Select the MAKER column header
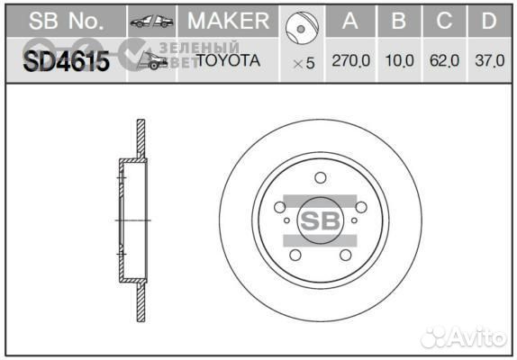pyautogui.click(x=227, y=21)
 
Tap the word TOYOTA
pyautogui.click(x=228, y=61)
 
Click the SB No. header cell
pyautogui.click(x=62, y=21)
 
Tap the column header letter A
pyautogui.click(x=352, y=21)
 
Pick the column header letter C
pyautogui.click(x=444, y=21)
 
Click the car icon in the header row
pyautogui.click(x=150, y=21)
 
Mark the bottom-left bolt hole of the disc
pyautogui.click(x=295, y=256)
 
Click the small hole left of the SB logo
pyautogui.click(x=286, y=219)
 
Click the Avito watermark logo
pyautogui.click(x=465, y=337)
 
